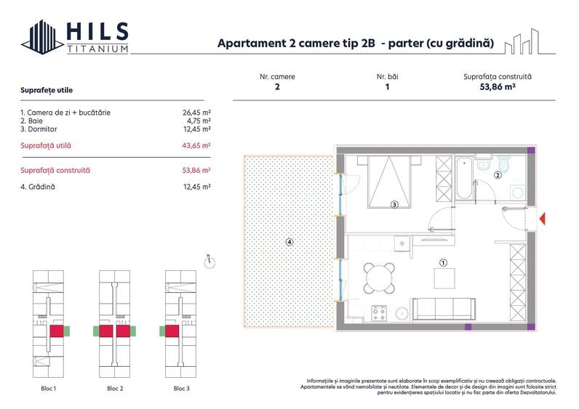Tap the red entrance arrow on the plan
click(x=542, y=219)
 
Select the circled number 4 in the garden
click(x=289, y=242)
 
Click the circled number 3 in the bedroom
click(x=394, y=205)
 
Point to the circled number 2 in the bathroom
click(x=498, y=175)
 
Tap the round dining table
click(x=379, y=277)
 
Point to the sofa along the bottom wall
click(x=444, y=308)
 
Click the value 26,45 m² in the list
click(x=196, y=113)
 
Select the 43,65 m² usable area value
click(x=196, y=145)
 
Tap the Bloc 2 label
click(x=114, y=389)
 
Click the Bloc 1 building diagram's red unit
click(x=56, y=331)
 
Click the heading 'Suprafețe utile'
click(x=47, y=90)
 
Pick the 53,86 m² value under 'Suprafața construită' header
click(x=498, y=86)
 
